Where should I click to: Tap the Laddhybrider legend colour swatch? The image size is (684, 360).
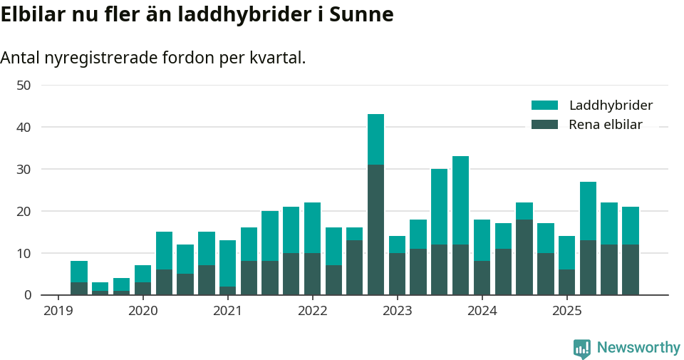[544, 106]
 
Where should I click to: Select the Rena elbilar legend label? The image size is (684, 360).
[606, 125]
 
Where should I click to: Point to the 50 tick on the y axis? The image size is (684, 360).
[24, 86]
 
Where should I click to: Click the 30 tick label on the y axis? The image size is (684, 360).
[24, 169]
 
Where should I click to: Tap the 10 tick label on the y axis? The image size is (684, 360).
[24, 253]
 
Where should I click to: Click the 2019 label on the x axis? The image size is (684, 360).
[58, 311]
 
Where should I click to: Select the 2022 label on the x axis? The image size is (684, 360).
[312, 311]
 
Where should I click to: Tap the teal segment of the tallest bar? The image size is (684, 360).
[375, 139]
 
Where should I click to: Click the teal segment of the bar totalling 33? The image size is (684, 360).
[460, 200]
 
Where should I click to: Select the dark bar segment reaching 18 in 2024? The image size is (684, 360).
[524, 257]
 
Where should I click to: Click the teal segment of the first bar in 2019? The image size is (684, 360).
[79, 272]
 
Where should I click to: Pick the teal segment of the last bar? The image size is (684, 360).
[631, 226]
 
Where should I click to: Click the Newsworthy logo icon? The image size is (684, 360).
[582, 349]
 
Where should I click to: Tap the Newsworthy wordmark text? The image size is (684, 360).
[638, 348]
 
